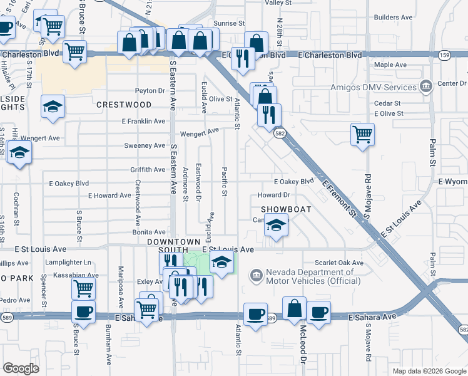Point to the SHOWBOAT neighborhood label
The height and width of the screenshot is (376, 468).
(x=282, y=208)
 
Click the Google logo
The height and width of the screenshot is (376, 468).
(x=21, y=368)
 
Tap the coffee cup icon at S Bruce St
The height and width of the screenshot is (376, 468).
(x=83, y=311)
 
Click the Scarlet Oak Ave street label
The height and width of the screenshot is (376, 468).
(x=337, y=263)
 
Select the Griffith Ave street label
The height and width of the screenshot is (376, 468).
(x=148, y=170)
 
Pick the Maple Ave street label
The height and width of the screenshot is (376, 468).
(x=390, y=65)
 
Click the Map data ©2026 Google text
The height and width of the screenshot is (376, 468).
(x=429, y=371)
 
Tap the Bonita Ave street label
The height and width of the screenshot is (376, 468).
(x=148, y=232)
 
